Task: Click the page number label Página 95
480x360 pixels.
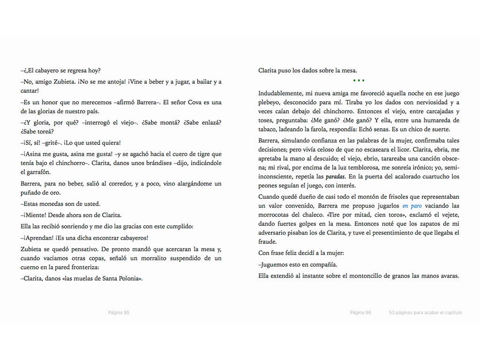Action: pos(119,313)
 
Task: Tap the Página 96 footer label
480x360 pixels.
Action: pos(360,313)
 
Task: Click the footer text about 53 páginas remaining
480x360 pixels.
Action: pos(425,313)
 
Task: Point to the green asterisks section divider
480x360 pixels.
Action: pos(359,81)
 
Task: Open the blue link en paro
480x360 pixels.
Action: pos(412,206)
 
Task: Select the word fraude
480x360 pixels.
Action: pos(268,242)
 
